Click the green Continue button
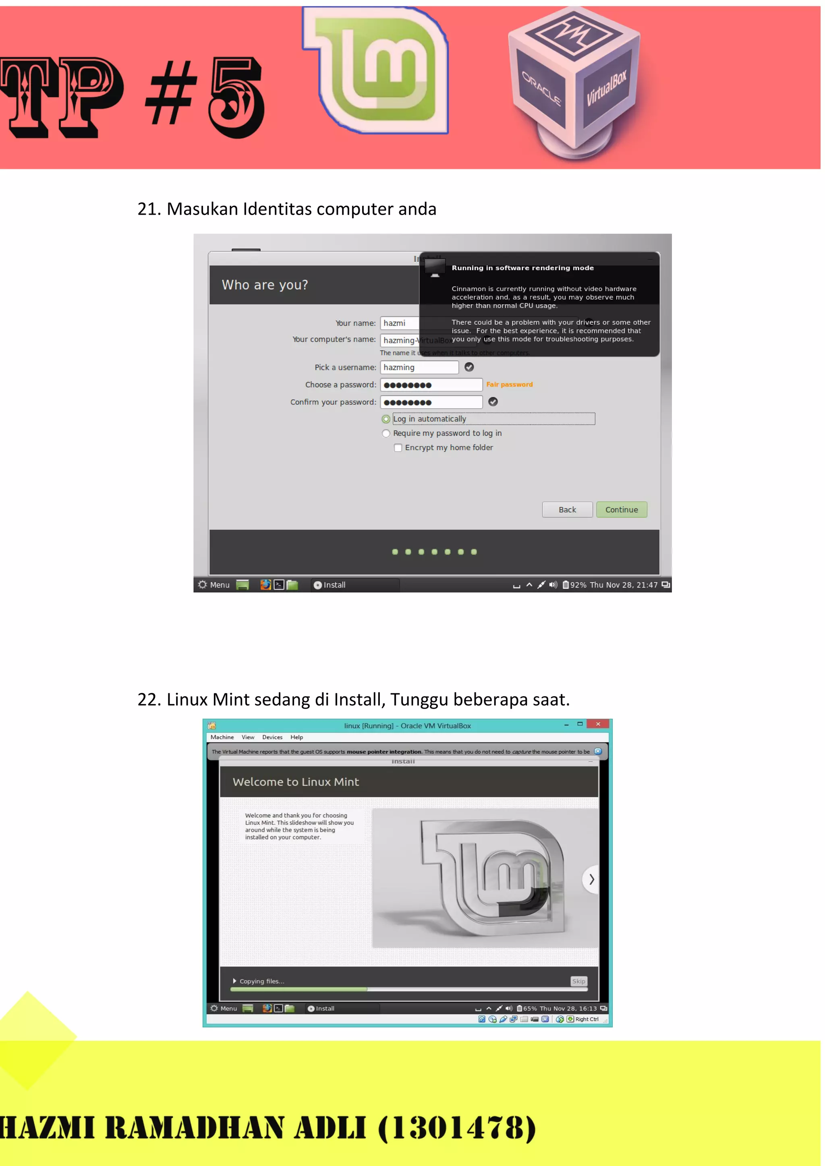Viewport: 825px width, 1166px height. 621,509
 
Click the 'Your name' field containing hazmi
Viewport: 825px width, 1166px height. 398,323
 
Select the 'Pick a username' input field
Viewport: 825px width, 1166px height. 419,367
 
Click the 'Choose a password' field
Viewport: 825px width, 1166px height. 431,385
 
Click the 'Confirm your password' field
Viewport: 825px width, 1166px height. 431,402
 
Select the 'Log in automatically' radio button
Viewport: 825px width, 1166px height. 386,419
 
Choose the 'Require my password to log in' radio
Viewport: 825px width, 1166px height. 386,433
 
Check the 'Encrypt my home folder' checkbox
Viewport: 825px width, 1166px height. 398,447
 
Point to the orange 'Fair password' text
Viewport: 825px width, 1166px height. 509,385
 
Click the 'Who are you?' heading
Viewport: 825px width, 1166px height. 265,285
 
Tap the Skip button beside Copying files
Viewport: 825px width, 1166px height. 578,981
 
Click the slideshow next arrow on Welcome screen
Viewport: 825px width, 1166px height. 591,879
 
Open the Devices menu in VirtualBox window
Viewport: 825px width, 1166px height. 272,737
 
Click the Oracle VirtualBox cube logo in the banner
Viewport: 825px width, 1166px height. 574,81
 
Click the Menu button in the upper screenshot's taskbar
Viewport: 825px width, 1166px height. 214,585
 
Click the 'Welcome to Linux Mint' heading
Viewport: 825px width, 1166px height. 296,781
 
